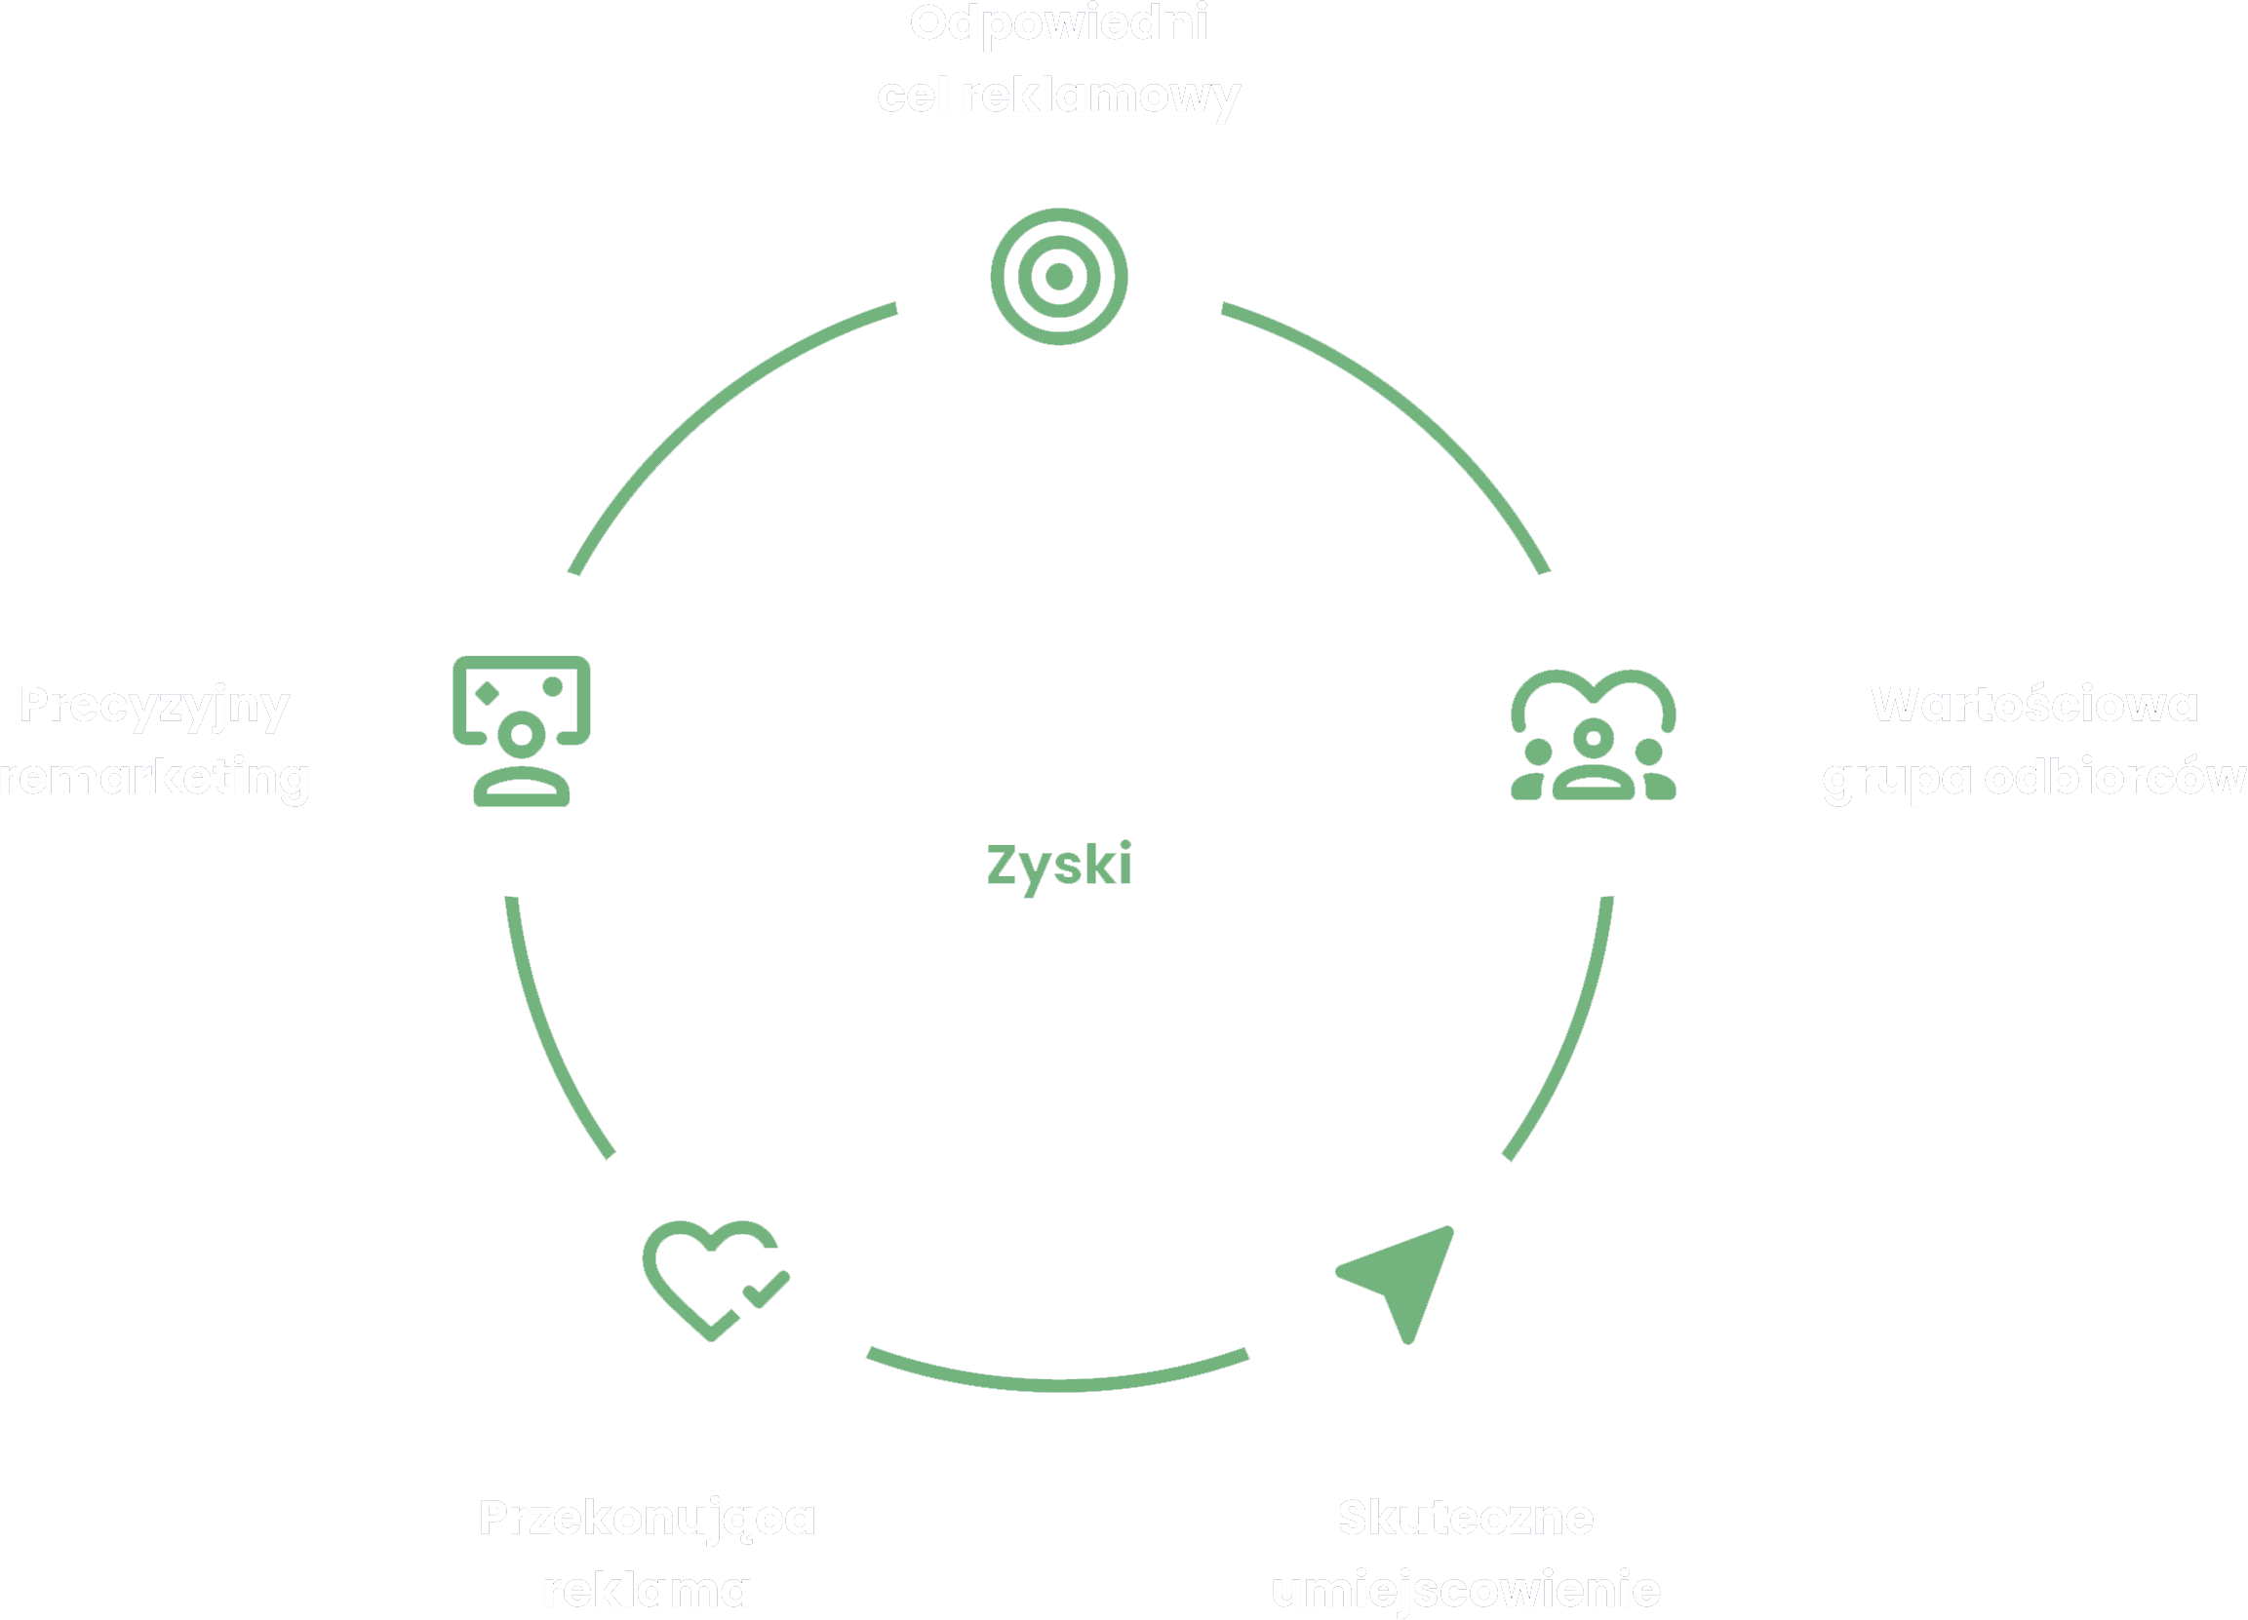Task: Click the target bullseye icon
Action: click(1058, 277)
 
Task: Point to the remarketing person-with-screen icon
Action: click(522, 730)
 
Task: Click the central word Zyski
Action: click(1058, 864)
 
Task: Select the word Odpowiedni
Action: click(1058, 23)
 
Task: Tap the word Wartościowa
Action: click(2033, 705)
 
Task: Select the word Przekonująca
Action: click(647, 1518)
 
